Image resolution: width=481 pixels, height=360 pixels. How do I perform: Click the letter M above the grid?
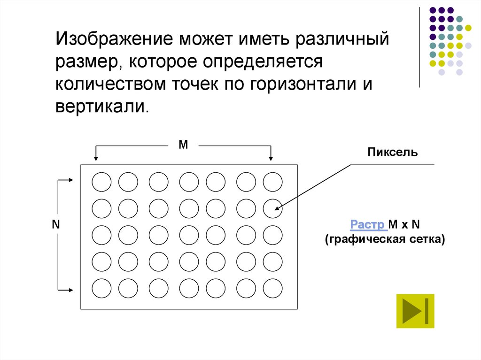point(183,145)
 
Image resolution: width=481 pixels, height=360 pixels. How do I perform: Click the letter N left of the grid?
point(56,224)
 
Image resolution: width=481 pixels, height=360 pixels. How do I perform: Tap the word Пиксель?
point(392,153)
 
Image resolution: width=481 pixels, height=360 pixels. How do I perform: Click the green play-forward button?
point(415,311)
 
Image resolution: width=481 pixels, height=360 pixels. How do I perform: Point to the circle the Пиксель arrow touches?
point(272,208)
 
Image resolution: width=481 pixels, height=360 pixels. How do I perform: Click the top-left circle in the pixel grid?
point(101,182)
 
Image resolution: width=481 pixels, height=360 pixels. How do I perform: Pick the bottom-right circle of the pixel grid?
point(272,288)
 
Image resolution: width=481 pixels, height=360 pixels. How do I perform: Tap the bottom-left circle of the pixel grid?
point(101,288)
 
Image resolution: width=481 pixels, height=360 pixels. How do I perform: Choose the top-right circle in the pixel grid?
point(272,182)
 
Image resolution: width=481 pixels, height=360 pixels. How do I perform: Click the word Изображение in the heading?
point(115,38)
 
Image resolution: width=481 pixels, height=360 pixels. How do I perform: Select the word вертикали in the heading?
point(101,107)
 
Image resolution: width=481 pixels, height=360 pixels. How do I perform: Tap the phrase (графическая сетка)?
point(384,239)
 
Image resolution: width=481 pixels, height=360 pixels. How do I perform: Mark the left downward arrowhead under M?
point(96,159)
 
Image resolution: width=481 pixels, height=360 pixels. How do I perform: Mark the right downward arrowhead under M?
point(271,159)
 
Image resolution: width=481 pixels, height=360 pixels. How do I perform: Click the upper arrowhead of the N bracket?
point(71,180)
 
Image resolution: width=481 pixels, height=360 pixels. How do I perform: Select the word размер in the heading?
point(86,61)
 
